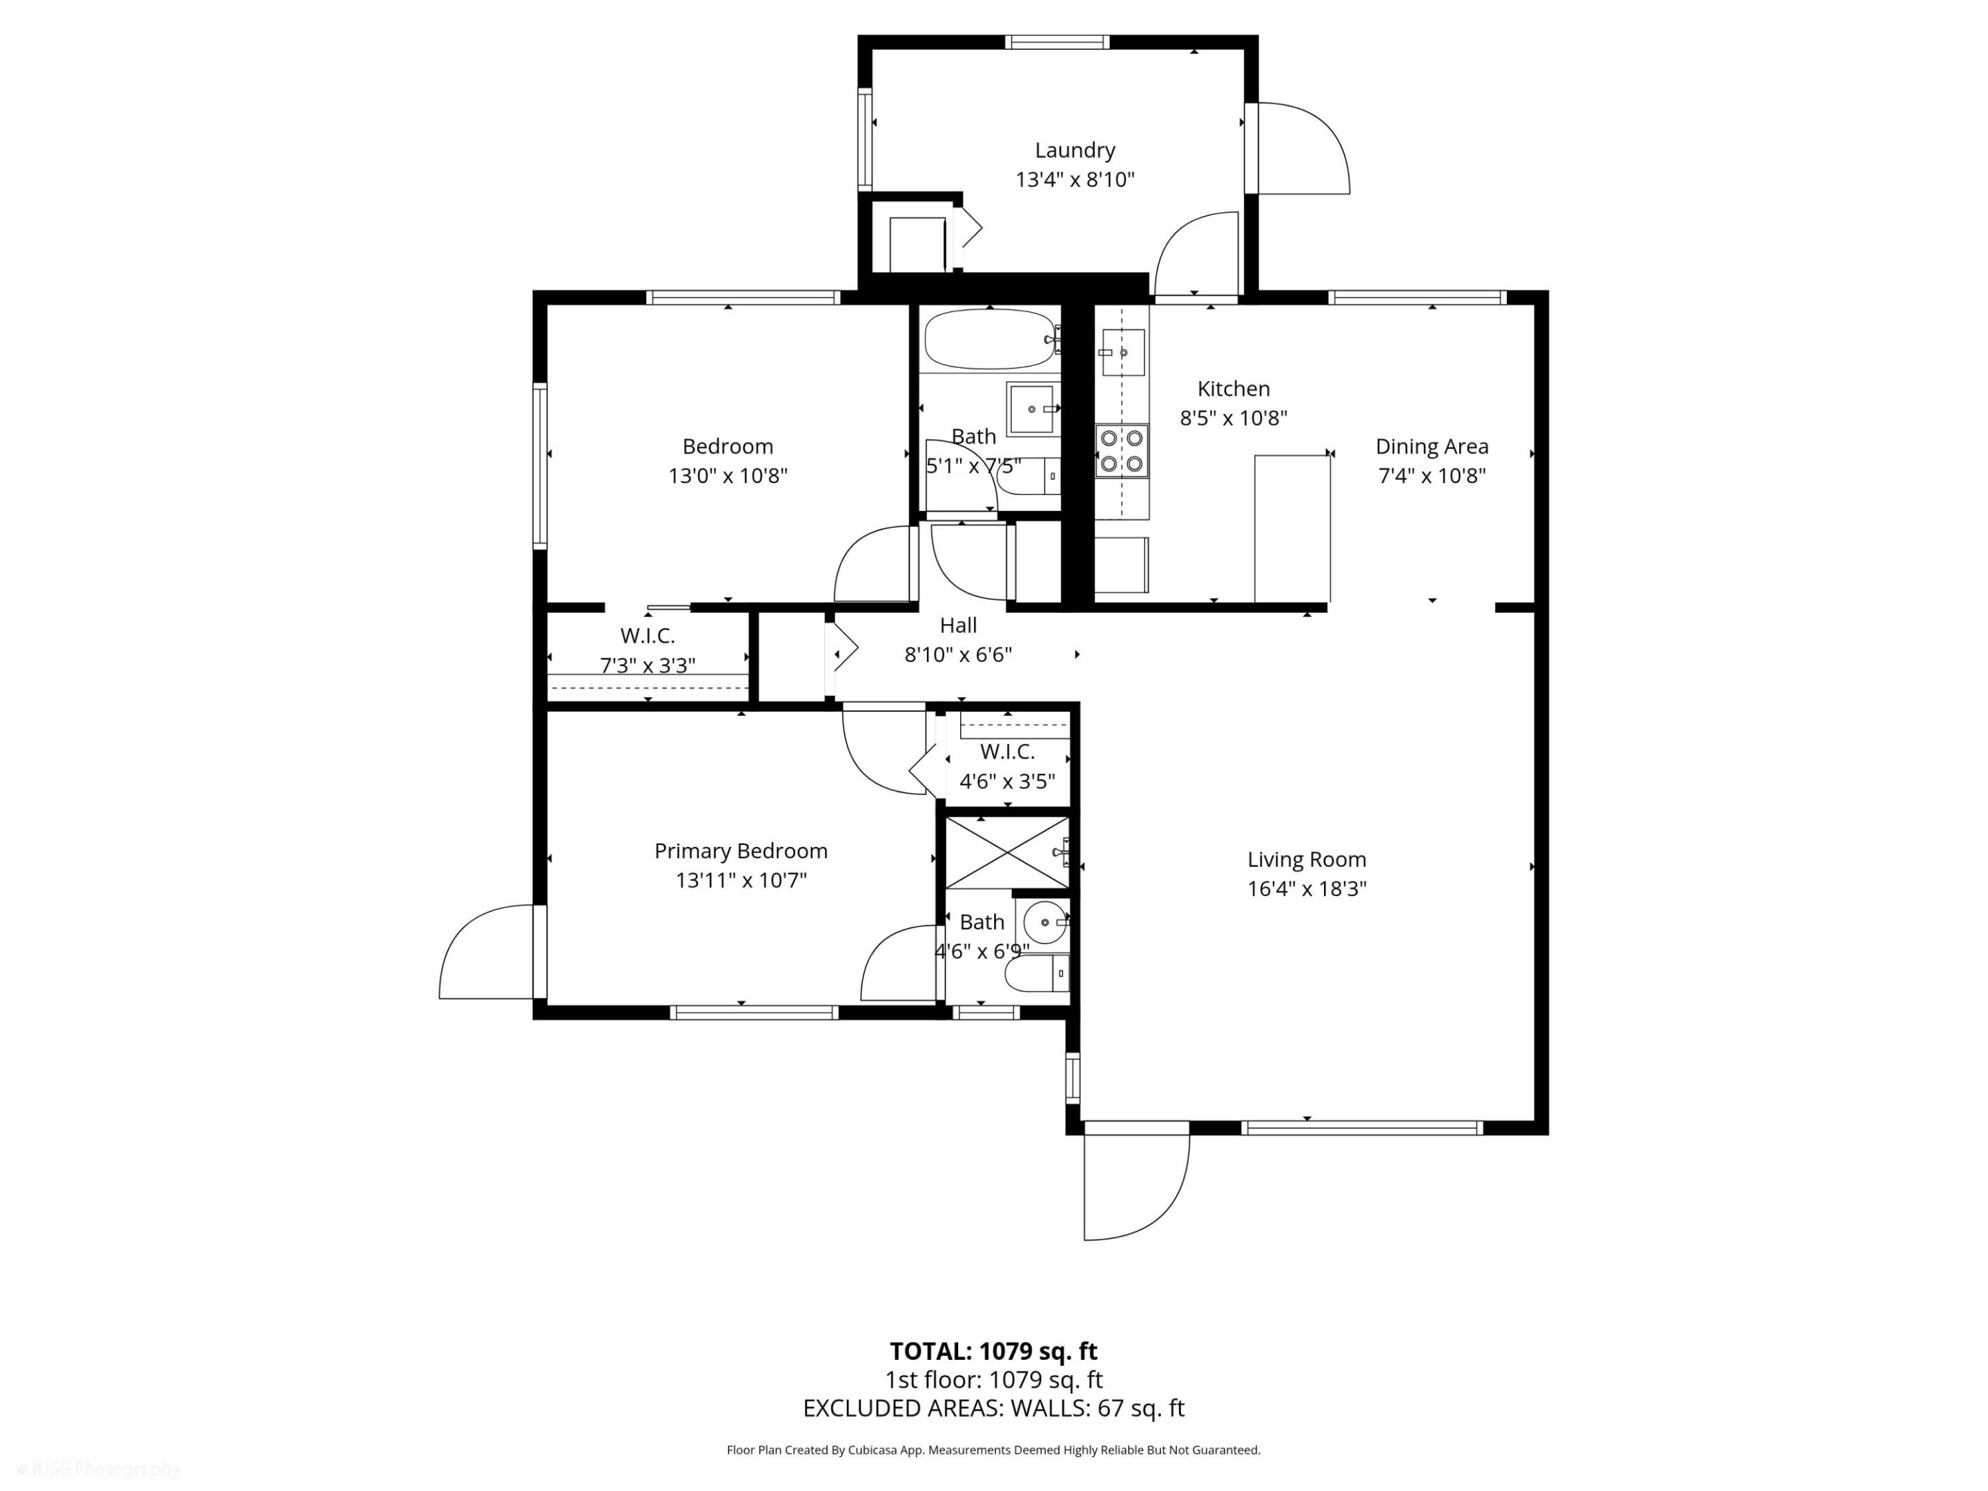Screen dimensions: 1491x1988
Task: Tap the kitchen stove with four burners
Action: coord(1122,450)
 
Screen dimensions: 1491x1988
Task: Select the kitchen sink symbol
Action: coord(1122,352)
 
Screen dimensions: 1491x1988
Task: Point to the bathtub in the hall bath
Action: coord(989,340)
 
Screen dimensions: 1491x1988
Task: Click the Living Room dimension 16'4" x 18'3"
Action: coord(1306,889)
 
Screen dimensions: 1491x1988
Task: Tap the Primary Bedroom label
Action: coord(741,850)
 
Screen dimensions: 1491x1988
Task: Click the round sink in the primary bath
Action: coord(1045,922)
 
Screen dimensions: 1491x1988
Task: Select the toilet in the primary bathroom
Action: coord(1035,973)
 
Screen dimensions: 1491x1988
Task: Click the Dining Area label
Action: coord(1431,447)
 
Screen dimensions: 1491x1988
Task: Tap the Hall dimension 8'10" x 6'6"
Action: coord(957,655)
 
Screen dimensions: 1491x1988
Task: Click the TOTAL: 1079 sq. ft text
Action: coord(993,1352)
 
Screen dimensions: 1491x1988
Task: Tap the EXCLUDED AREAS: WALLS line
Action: coord(993,1408)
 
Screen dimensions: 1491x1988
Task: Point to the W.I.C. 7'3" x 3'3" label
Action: coord(647,651)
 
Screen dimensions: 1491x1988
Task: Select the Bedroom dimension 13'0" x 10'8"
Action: coord(727,476)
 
